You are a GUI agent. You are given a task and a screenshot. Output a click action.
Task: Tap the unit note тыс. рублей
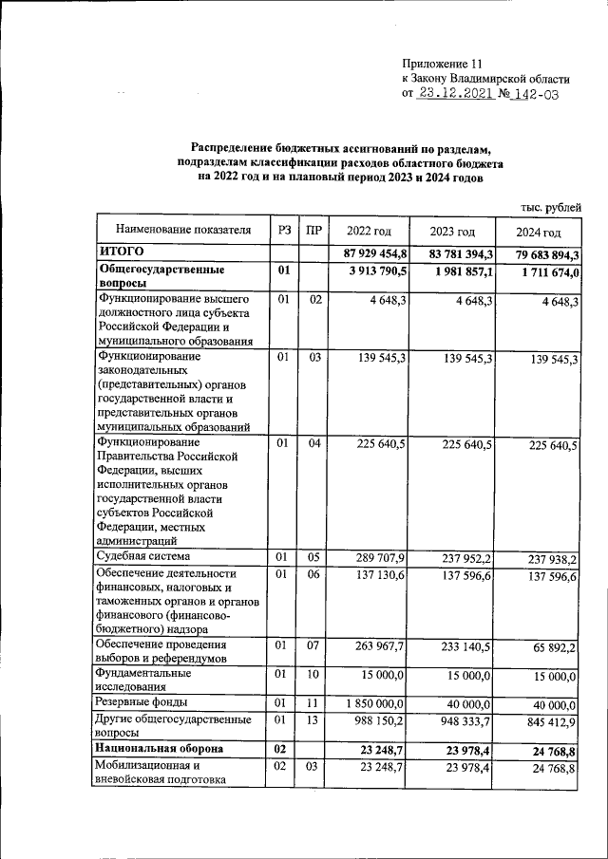550,208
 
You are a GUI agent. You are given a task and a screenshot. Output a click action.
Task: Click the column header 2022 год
369,231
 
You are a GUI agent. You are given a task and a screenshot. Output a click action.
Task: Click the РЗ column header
284,230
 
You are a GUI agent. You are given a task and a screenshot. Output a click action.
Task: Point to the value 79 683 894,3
537,255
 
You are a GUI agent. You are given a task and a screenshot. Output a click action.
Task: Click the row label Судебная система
142,556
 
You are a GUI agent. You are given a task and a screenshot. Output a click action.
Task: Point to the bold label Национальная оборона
158,748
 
